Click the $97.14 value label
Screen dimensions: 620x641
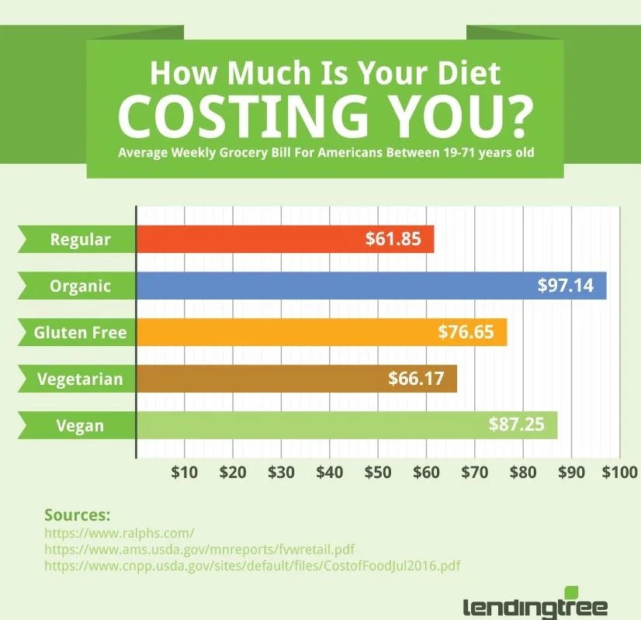(566, 286)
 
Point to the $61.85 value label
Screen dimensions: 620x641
(393, 239)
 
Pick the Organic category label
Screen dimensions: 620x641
(80, 286)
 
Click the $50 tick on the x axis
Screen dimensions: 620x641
(378, 472)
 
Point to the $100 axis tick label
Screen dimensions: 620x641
(618, 472)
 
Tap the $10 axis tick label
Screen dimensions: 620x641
(185, 472)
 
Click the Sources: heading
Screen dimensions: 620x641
(78, 515)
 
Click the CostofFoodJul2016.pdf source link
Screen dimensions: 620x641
(252, 566)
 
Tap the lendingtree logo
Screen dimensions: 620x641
(535, 604)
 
